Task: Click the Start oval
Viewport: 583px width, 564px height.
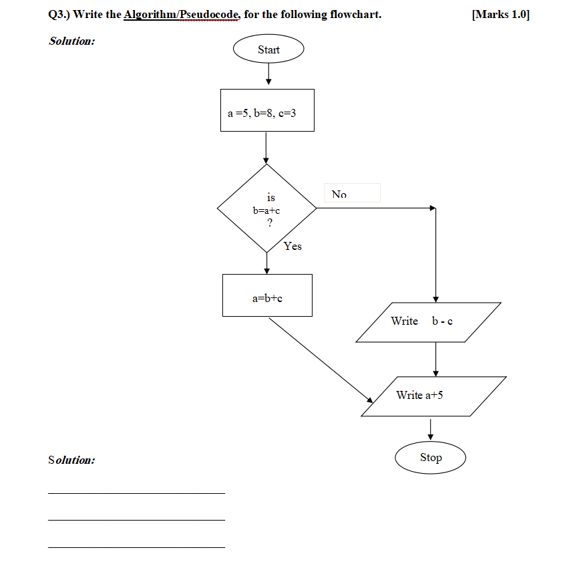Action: [x=268, y=49]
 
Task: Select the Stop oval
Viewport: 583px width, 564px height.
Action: [x=430, y=458]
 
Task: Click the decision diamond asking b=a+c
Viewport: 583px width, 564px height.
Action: [x=267, y=208]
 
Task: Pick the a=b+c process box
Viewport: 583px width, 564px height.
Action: [x=267, y=295]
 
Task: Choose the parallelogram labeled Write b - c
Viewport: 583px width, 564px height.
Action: [x=428, y=322]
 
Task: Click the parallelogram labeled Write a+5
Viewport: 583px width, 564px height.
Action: [x=433, y=396]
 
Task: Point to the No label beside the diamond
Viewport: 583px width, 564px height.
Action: [x=339, y=194]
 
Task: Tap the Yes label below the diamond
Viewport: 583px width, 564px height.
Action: [x=293, y=247]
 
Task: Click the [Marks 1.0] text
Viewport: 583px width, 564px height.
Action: [x=500, y=15]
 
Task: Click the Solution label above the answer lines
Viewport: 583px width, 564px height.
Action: [x=71, y=460]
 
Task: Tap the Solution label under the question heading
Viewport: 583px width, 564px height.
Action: [x=71, y=41]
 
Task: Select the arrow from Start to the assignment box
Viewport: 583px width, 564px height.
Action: [x=268, y=74]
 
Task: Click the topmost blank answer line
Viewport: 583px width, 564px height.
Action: [x=136, y=493]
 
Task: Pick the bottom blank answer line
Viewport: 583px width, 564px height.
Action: [x=136, y=547]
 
